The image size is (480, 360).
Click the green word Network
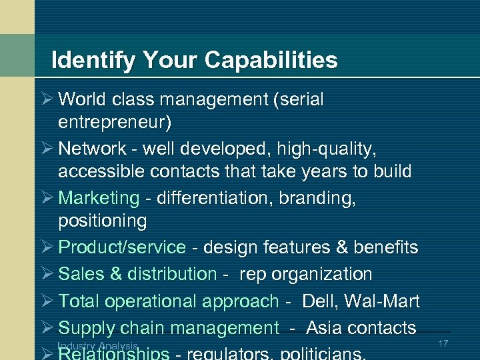(92, 148)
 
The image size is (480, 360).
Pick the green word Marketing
(99, 198)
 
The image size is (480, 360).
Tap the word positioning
(102, 221)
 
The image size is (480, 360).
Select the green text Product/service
(122, 247)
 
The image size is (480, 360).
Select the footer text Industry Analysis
(98, 345)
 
